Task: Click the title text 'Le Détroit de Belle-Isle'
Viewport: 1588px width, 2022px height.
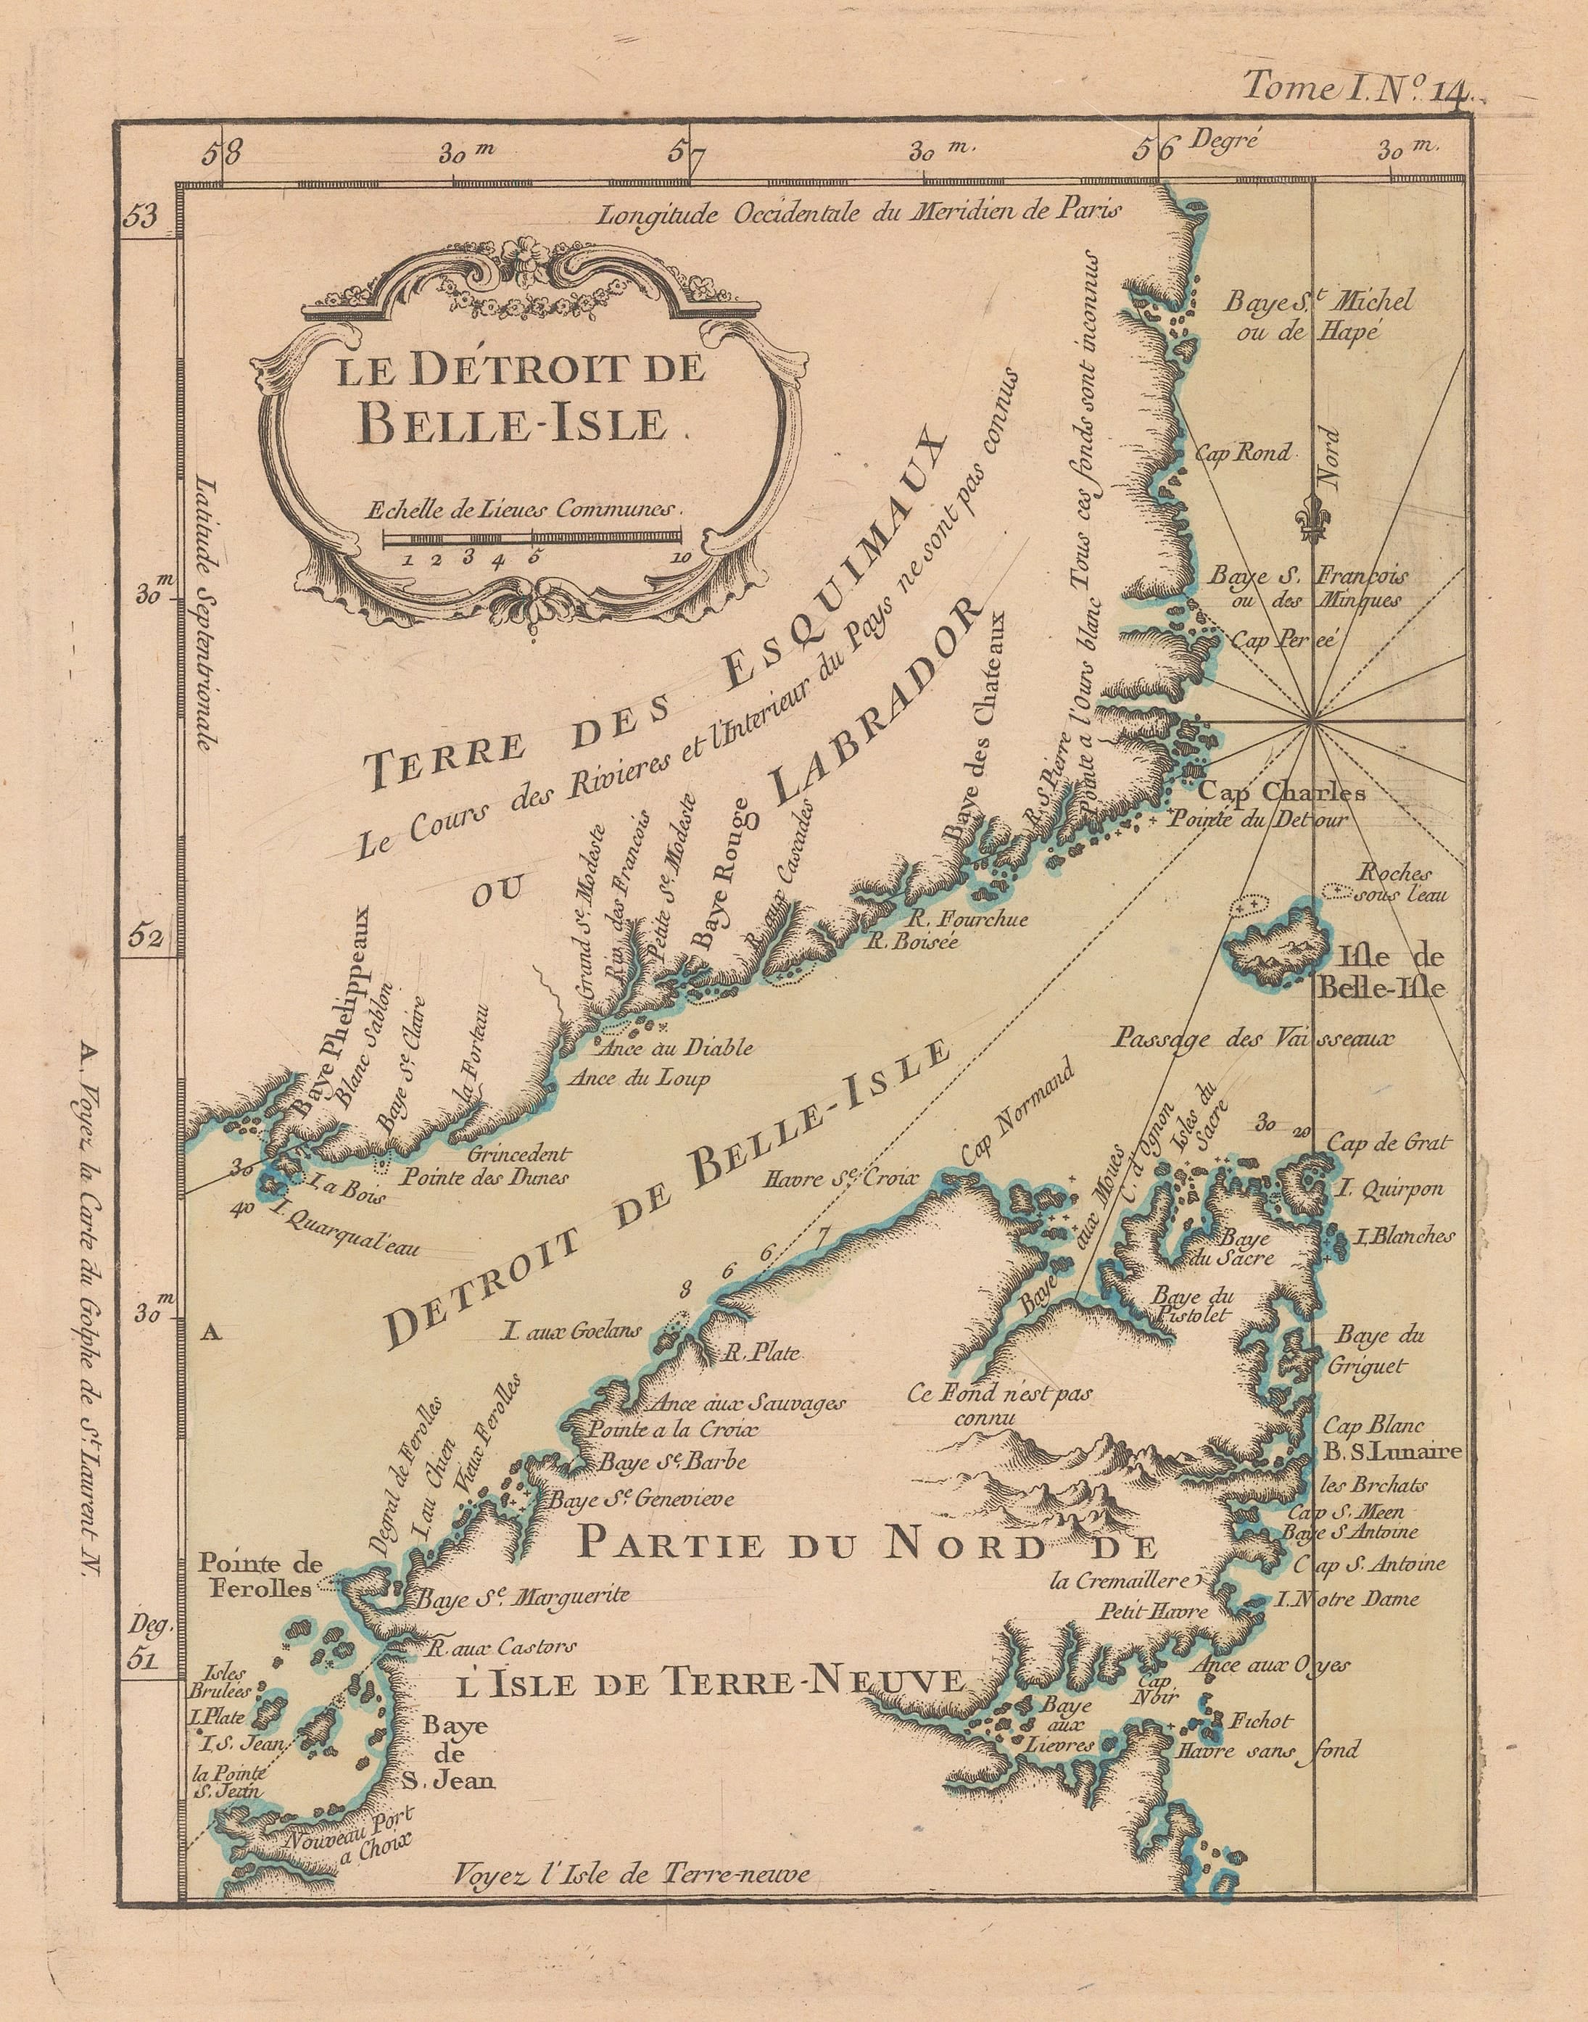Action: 521,398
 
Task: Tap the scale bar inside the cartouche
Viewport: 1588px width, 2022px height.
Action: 532,538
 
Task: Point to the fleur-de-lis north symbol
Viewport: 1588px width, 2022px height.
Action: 1312,523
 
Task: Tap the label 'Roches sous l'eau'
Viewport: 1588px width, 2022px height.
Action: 1394,883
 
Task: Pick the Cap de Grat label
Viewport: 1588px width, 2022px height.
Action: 1388,1143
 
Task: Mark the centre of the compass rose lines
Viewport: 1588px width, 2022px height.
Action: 1312,719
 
